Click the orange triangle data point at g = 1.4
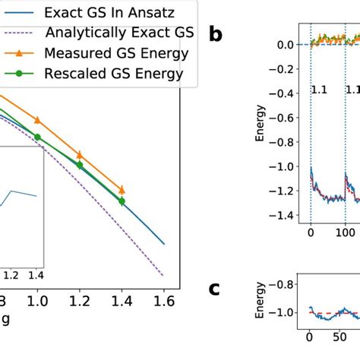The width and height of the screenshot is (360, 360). pyautogui.click(x=122, y=190)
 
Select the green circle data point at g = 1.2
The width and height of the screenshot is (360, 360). pyautogui.click(x=79, y=165)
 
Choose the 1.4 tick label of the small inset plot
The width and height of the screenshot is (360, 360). pyautogui.click(x=35, y=275)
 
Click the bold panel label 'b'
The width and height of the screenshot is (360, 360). pyautogui.click(x=216, y=34)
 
